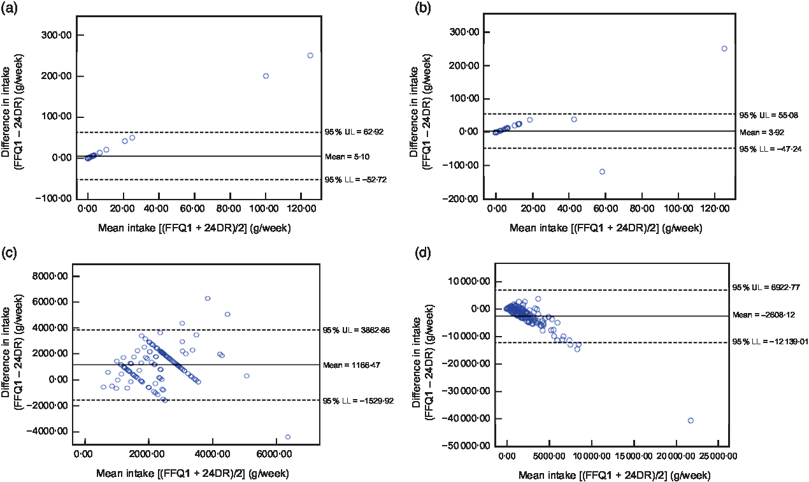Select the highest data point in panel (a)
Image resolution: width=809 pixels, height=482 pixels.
[310, 55]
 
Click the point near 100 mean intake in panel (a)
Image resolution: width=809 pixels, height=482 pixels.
[266, 76]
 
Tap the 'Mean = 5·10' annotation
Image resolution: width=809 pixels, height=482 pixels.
[348, 156]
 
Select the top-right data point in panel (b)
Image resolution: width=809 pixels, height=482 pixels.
[724, 48]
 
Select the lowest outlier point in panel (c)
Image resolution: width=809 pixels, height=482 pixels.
[287, 437]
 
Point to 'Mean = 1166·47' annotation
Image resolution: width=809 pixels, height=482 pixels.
[355, 365]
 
